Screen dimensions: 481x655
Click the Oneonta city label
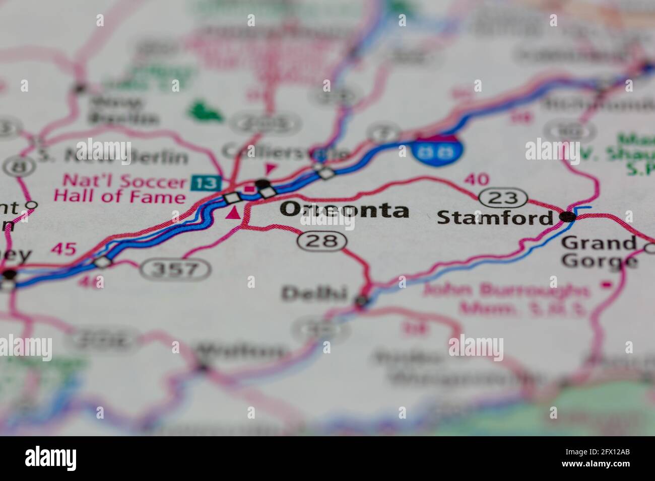coord(345,210)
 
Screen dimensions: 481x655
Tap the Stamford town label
coord(495,218)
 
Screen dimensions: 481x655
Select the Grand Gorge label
coord(599,252)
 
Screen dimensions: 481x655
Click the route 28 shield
coord(322,242)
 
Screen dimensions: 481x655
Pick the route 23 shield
coord(503,198)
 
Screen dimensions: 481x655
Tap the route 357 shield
coord(175,270)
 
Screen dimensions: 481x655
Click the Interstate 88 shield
coord(437,148)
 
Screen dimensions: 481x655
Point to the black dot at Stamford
coord(568,217)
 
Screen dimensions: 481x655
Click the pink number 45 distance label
coord(64,249)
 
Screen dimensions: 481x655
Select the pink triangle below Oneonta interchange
coord(233,214)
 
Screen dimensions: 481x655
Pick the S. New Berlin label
coord(113,157)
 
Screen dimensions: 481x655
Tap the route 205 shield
coord(265,123)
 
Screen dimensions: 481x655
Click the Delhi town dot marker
coord(361,301)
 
